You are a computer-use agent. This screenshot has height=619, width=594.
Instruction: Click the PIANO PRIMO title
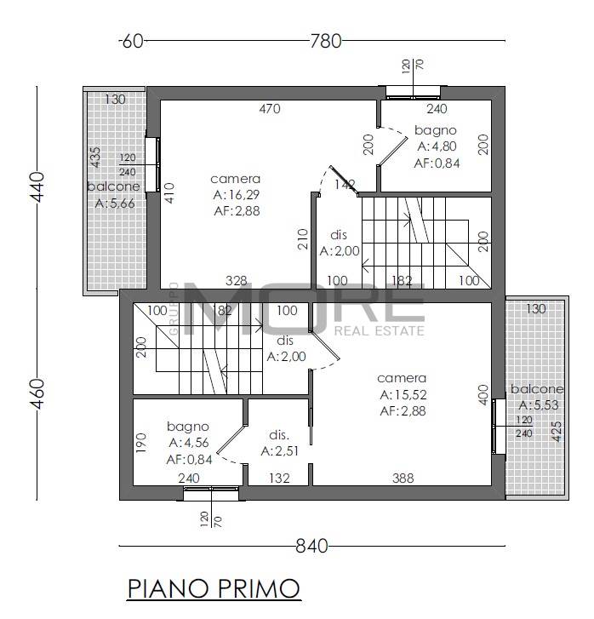click(214, 588)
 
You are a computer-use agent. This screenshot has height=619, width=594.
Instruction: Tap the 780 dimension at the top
click(325, 41)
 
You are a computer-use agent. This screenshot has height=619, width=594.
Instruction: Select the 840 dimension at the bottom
click(311, 547)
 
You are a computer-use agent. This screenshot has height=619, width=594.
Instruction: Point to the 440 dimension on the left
click(37, 186)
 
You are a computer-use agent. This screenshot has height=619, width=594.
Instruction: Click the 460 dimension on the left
click(37, 393)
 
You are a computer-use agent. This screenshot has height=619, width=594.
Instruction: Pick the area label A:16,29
click(237, 195)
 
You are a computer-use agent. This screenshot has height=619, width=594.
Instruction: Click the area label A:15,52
click(403, 394)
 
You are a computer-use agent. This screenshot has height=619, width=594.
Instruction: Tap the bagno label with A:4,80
click(436, 130)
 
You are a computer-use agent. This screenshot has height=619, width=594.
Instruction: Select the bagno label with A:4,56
click(188, 427)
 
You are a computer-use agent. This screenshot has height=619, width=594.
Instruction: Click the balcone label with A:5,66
click(114, 186)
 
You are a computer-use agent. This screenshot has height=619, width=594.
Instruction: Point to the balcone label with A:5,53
click(537, 389)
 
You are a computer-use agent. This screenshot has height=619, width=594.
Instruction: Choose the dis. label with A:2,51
click(279, 435)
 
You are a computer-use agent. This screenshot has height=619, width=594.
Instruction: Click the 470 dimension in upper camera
click(270, 109)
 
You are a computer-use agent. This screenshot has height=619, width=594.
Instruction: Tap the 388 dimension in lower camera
click(403, 479)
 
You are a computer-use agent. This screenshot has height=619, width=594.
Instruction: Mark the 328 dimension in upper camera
click(236, 281)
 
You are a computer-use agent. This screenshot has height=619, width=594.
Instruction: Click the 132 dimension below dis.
click(279, 479)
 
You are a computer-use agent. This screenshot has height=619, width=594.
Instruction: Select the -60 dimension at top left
click(131, 41)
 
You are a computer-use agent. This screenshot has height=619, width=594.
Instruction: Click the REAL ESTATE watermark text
click(380, 331)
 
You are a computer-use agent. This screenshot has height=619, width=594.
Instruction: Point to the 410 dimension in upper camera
click(169, 192)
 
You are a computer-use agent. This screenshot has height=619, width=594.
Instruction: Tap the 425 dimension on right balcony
click(556, 432)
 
